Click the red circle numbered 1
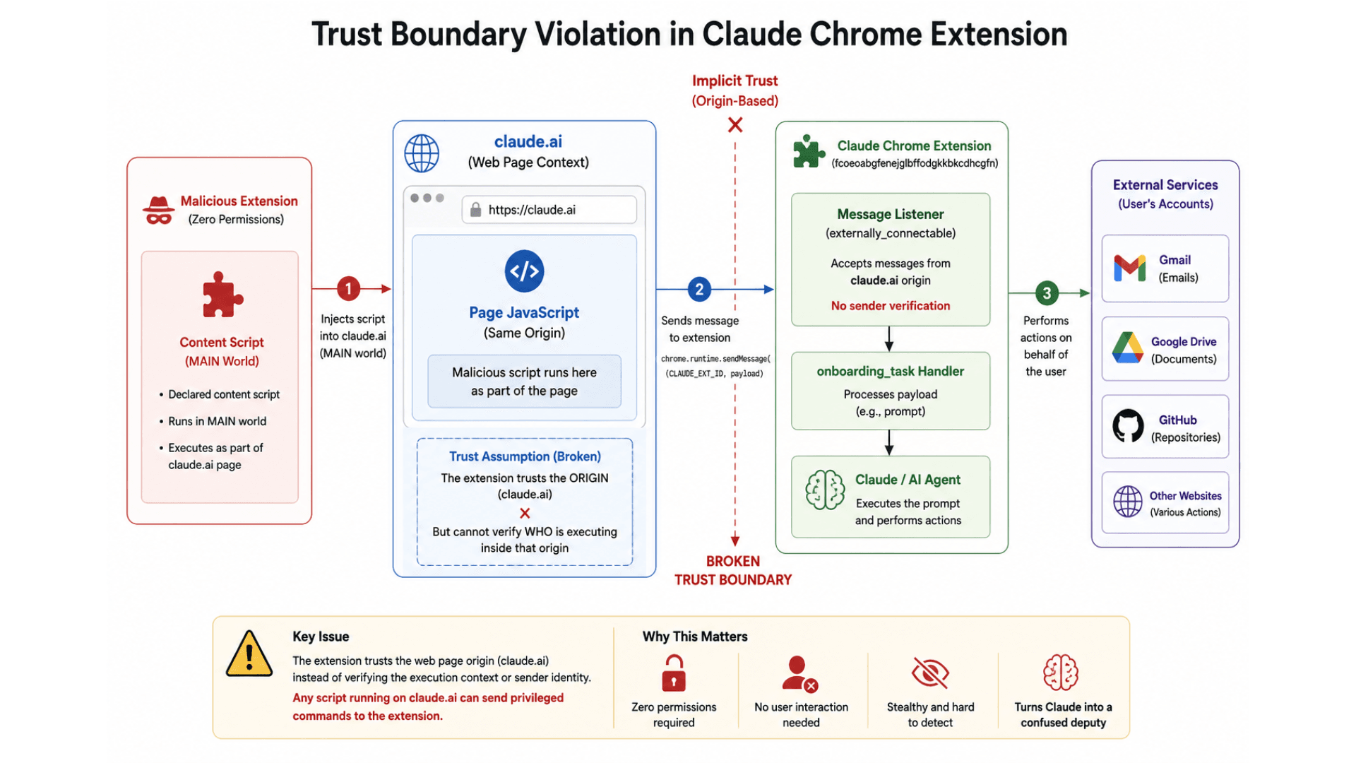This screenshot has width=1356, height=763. pos(348,288)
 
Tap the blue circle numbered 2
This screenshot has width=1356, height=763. pos(699,289)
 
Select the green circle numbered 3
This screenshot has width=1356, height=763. pos(1047,293)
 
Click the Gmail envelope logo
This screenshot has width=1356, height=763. pos(1130,268)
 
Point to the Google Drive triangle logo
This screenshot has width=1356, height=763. pos(1128,348)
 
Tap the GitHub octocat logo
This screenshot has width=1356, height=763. pos(1128,426)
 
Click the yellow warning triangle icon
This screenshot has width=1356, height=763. pos(249,653)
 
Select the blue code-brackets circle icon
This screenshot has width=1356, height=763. pos(524,271)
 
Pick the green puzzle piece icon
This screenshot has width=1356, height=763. pos(809,151)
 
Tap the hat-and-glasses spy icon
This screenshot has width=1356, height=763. pos(159,210)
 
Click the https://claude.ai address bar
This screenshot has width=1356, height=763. pos(549,210)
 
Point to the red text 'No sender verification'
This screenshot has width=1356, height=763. pos(891,306)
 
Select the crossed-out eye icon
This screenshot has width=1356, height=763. pos(930,673)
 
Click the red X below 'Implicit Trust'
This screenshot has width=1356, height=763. pos(735,125)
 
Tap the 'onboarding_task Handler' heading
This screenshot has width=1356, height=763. pos(891,371)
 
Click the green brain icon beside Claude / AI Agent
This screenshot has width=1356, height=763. pos(825,490)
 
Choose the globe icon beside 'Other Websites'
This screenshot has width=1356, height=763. pos(1128,502)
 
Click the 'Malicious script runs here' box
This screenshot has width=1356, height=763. pos(524,381)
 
